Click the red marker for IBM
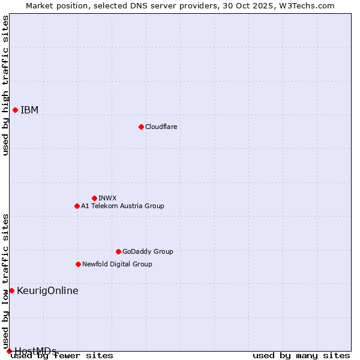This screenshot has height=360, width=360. coord(15,110)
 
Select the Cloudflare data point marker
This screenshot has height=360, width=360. coord(141,127)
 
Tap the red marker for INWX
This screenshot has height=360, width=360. coord(94,198)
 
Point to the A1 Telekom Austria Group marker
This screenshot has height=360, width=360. coord(77,206)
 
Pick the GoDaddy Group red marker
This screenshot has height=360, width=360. coord(118,251)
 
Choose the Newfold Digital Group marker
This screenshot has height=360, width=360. coord(78,264)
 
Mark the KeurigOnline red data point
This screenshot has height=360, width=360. coord(11,290)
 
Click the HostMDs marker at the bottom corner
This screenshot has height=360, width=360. coord(9,351)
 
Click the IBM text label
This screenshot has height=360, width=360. coord(29,110)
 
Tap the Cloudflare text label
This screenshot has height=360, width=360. coord(161,127)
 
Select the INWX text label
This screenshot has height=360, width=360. coord(107,198)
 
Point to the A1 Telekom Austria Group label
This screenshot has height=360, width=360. coord(122,206)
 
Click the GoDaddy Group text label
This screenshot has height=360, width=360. coord(148,251)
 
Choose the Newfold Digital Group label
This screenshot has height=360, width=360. coord(117,264)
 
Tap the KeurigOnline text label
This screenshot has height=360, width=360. coord(47,291)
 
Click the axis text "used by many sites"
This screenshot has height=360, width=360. coord(301,356)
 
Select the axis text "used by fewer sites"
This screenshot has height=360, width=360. coord(62,356)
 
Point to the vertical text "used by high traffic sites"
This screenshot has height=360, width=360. coord(5,85)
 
